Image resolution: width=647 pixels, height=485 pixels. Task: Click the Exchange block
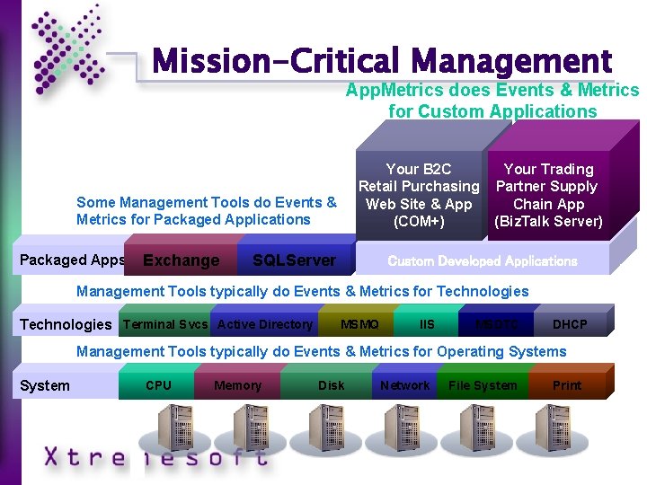tap(181, 260)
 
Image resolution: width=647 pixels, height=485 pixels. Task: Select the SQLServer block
tap(294, 260)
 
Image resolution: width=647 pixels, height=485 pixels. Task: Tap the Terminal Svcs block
tap(164, 324)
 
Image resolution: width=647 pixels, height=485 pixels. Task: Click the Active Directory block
tap(265, 324)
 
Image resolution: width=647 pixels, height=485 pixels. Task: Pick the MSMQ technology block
tap(359, 324)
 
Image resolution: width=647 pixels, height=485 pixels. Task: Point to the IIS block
tap(427, 324)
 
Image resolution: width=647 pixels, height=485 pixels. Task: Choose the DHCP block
tap(570, 324)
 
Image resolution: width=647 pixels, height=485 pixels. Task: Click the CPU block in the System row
tap(158, 385)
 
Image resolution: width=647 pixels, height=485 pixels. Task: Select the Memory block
tap(238, 385)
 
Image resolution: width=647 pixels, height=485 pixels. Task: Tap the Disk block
tap(331, 385)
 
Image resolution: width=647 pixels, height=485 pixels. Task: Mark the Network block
tap(404, 385)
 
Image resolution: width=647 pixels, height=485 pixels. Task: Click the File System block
tap(483, 385)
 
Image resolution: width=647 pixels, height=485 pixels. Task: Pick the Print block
tap(567, 385)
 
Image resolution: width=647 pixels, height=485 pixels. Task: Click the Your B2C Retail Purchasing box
tap(419, 195)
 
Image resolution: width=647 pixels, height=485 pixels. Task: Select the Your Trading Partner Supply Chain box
tap(548, 195)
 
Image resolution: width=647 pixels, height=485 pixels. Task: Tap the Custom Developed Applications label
tap(482, 261)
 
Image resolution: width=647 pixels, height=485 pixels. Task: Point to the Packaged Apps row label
tap(72, 260)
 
